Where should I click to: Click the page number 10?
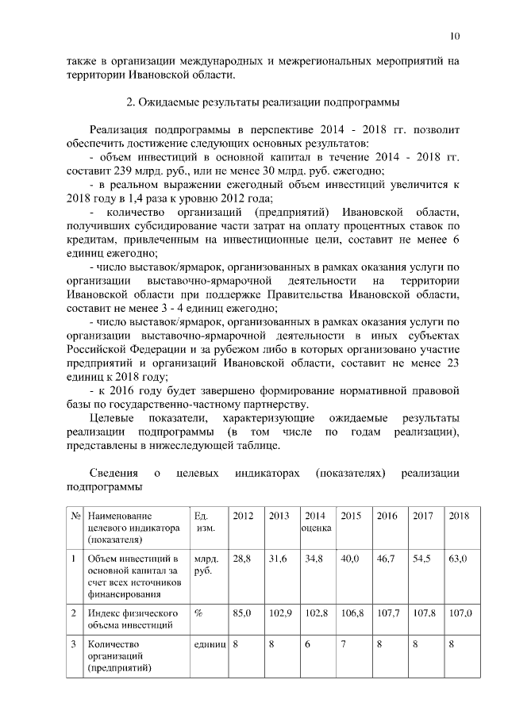(454, 36)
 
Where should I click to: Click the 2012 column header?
(243, 516)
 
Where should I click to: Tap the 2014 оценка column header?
(316, 522)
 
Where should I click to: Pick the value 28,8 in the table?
(242, 559)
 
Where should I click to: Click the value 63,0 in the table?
(458, 559)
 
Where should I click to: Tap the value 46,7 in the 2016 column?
(387, 559)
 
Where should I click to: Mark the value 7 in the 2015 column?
(344, 644)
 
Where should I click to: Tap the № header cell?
(76, 516)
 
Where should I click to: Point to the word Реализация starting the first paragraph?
(120, 129)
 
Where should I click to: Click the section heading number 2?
(129, 102)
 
